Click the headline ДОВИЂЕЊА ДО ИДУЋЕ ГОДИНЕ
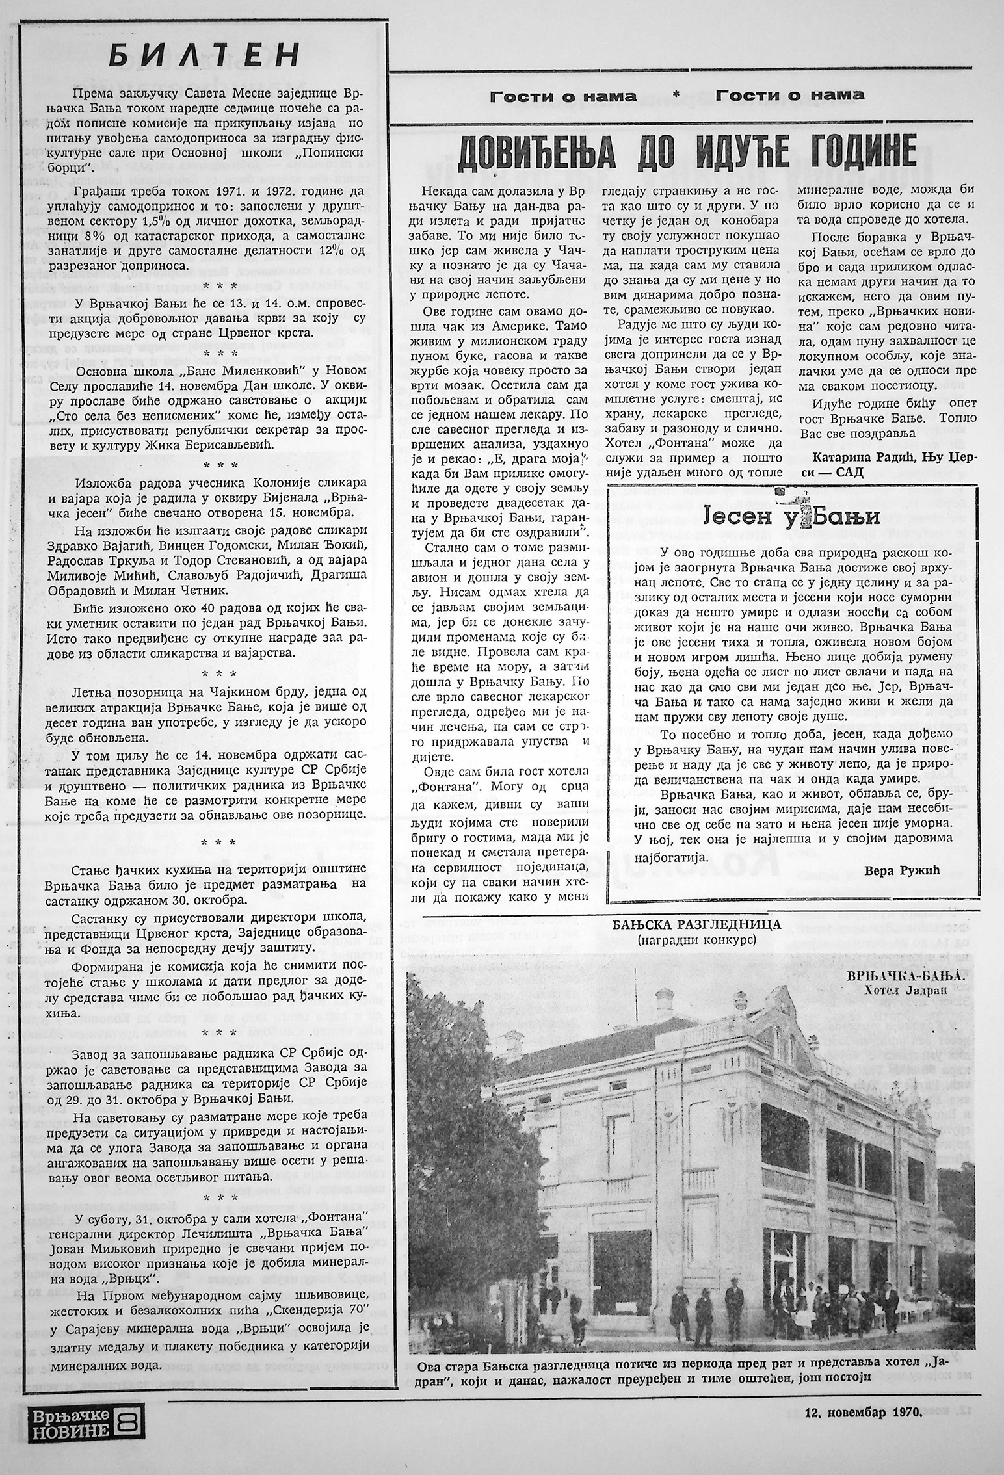pyautogui.click(x=687, y=152)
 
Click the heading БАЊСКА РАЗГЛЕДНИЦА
pyautogui.click(x=688, y=924)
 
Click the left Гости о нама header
pyautogui.click(x=563, y=96)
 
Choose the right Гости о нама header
pyautogui.click(x=789, y=96)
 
